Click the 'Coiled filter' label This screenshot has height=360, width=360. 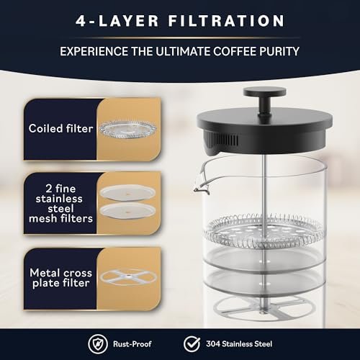point(60,129)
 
